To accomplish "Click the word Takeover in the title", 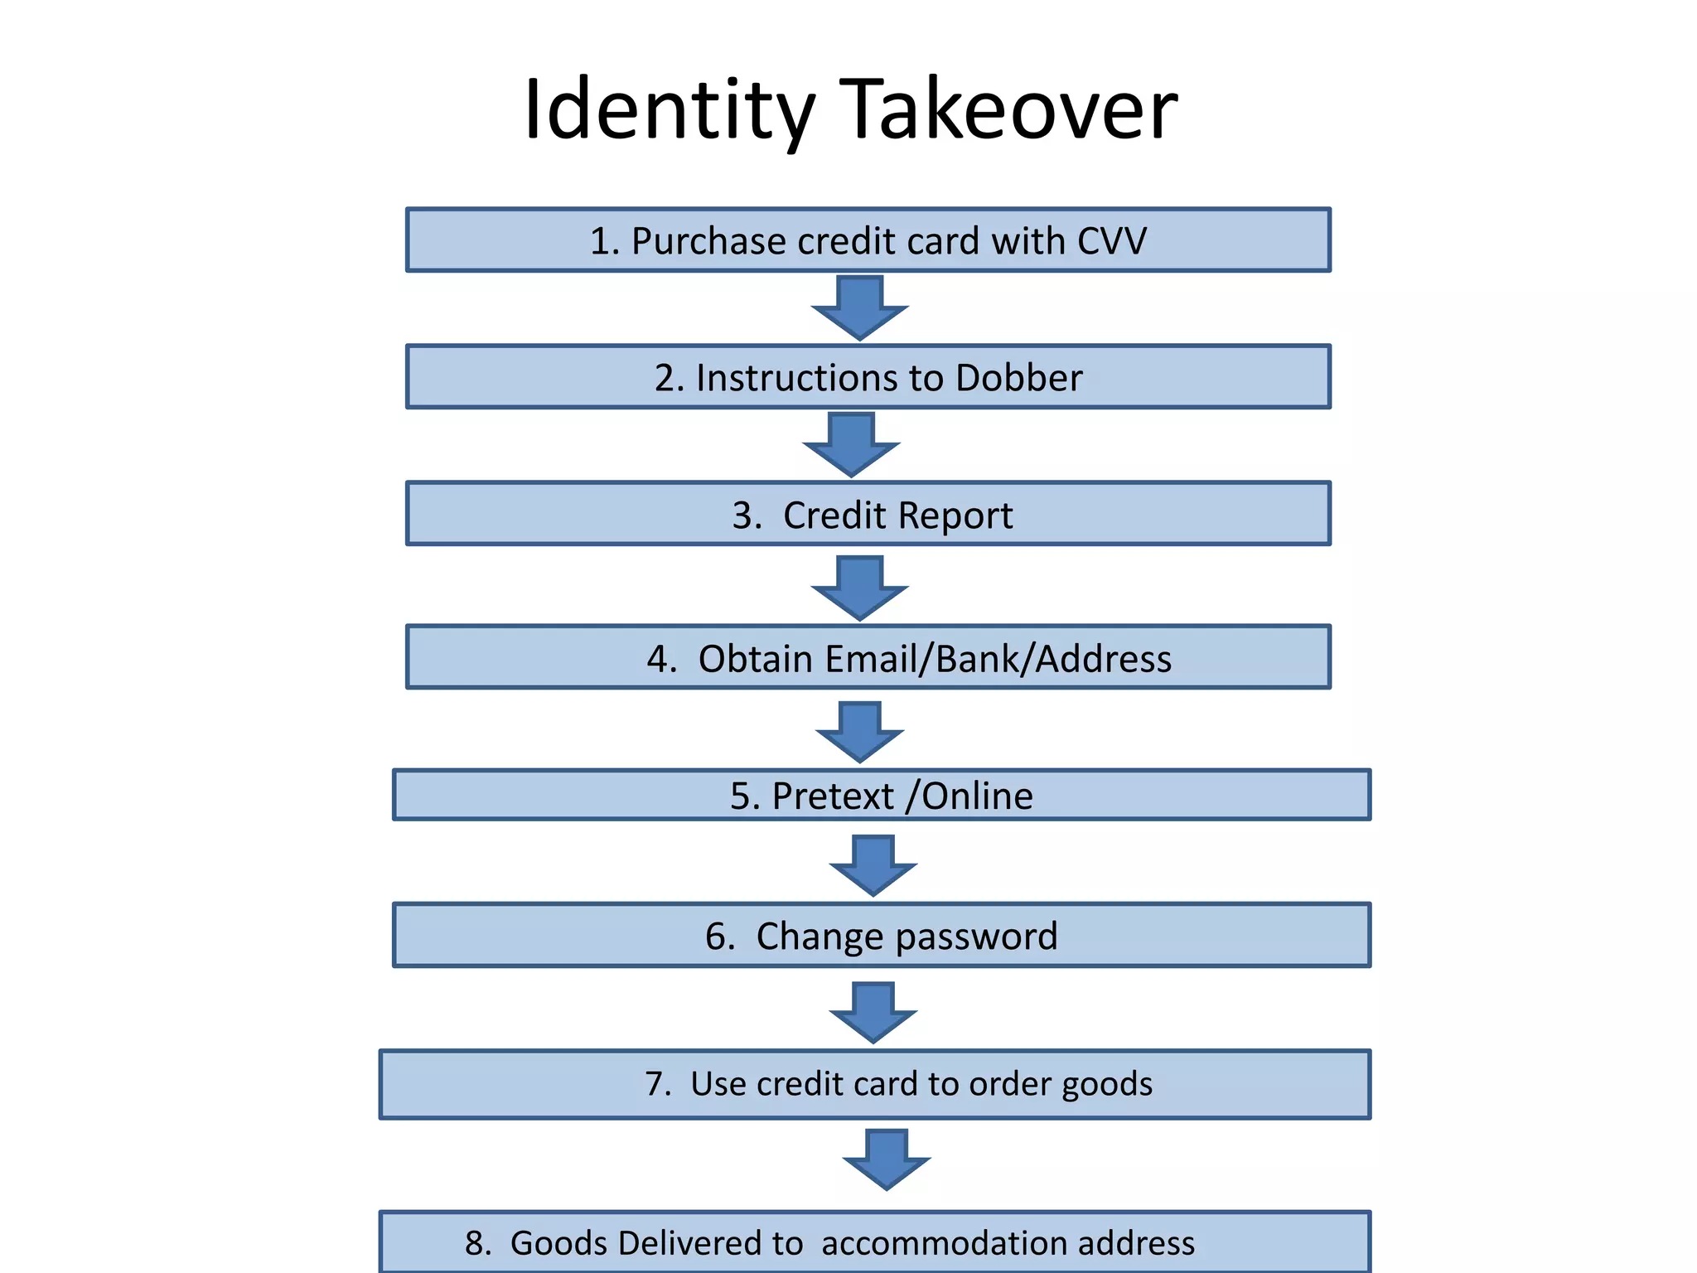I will [1011, 109].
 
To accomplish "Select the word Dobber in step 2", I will [1018, 378].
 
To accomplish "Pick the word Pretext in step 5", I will [833, 796].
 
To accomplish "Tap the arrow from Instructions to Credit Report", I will [851, 445].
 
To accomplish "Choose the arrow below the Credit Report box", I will [859, 588].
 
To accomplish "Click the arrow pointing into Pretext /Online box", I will [859, 732].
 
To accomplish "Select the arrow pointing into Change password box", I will [873, 865].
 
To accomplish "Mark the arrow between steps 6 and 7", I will [873, 1012].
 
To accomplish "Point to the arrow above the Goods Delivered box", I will [886, 1159].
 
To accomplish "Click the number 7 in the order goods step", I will [657, 1084].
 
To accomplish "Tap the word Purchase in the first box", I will [708, 241].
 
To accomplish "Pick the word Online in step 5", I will [977, 796].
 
